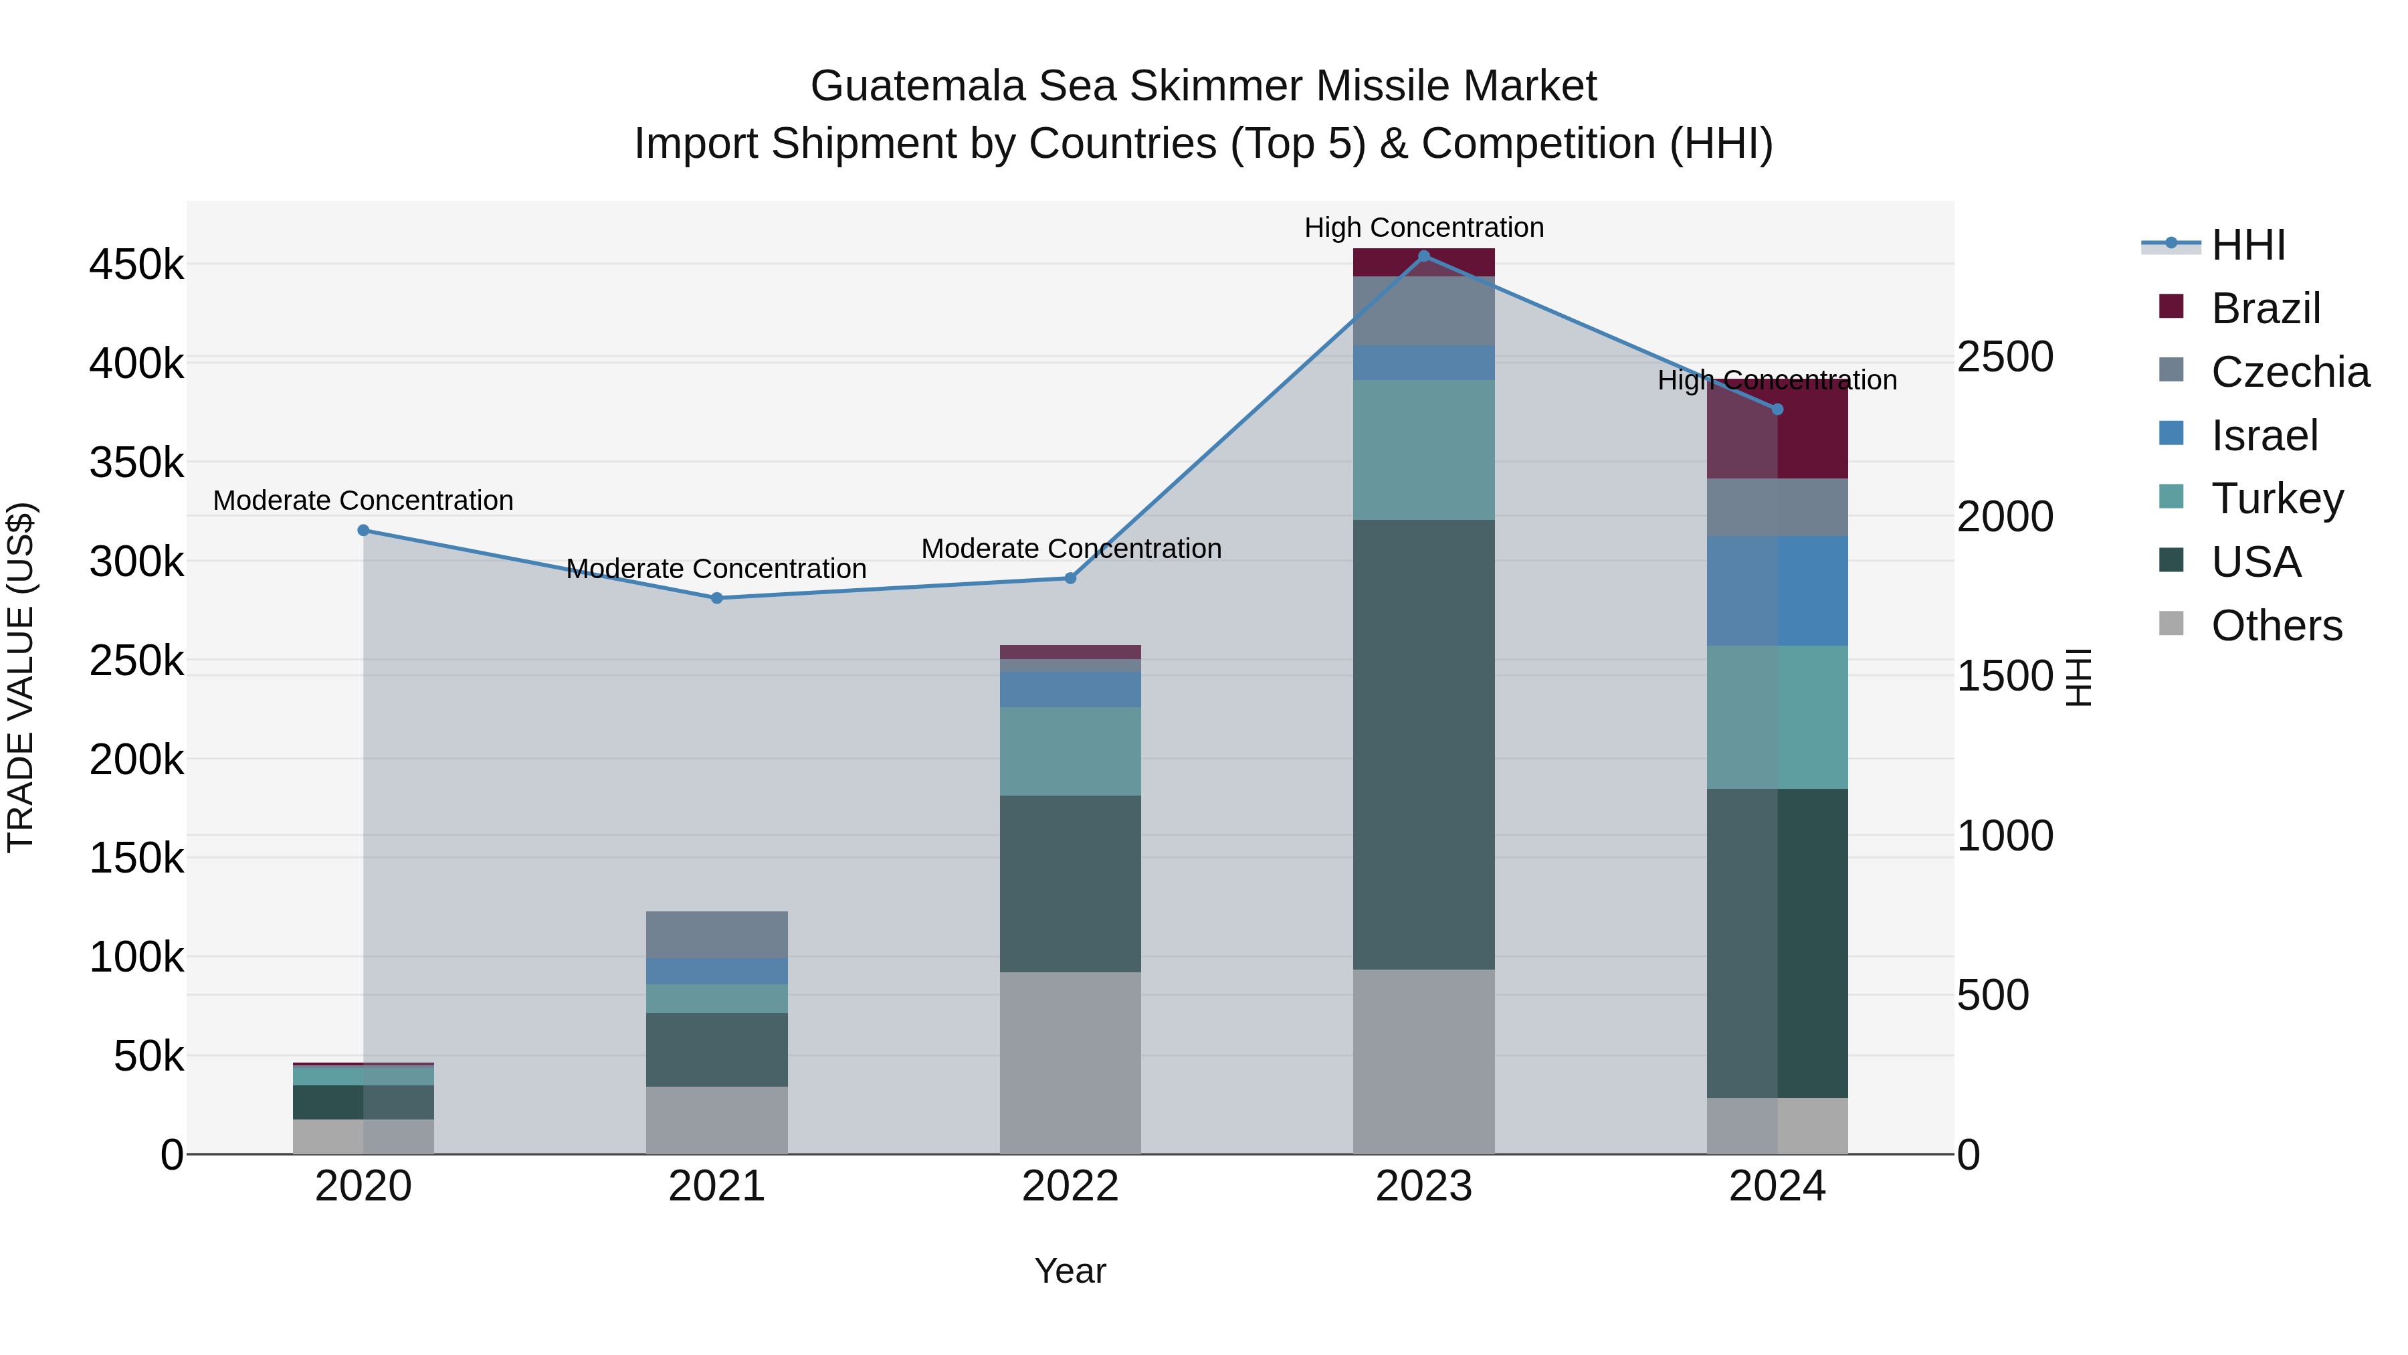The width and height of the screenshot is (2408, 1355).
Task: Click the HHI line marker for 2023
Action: (1423, 256)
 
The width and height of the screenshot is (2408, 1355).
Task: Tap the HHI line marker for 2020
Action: (364, 530)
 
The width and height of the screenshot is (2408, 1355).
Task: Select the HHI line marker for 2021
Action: (717, 598)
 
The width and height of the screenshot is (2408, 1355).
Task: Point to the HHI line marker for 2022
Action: (1072, 578)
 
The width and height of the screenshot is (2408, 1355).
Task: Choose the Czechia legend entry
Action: (2290, 371)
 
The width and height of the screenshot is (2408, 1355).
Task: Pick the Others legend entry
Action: (2276, 626)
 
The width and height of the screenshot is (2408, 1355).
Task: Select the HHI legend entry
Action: (2248, 245)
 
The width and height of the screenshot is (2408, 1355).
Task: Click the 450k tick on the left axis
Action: (136, 264)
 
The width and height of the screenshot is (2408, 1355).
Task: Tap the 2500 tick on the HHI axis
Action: (2005, 357)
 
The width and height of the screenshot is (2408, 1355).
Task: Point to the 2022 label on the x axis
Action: (1070, 1186)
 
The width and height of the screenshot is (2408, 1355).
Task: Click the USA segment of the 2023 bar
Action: (1423, 743)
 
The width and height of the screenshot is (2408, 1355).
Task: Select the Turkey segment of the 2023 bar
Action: (1423, 449)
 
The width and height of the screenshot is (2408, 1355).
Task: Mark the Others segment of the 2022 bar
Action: (1070, 1063)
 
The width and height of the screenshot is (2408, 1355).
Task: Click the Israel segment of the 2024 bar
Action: (1777, 590)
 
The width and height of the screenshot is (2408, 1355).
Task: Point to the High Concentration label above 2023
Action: (1423, 228)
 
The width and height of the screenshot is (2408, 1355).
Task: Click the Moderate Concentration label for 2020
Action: (364, 501)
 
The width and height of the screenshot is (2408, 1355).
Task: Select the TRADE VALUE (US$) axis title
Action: (21, 677)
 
